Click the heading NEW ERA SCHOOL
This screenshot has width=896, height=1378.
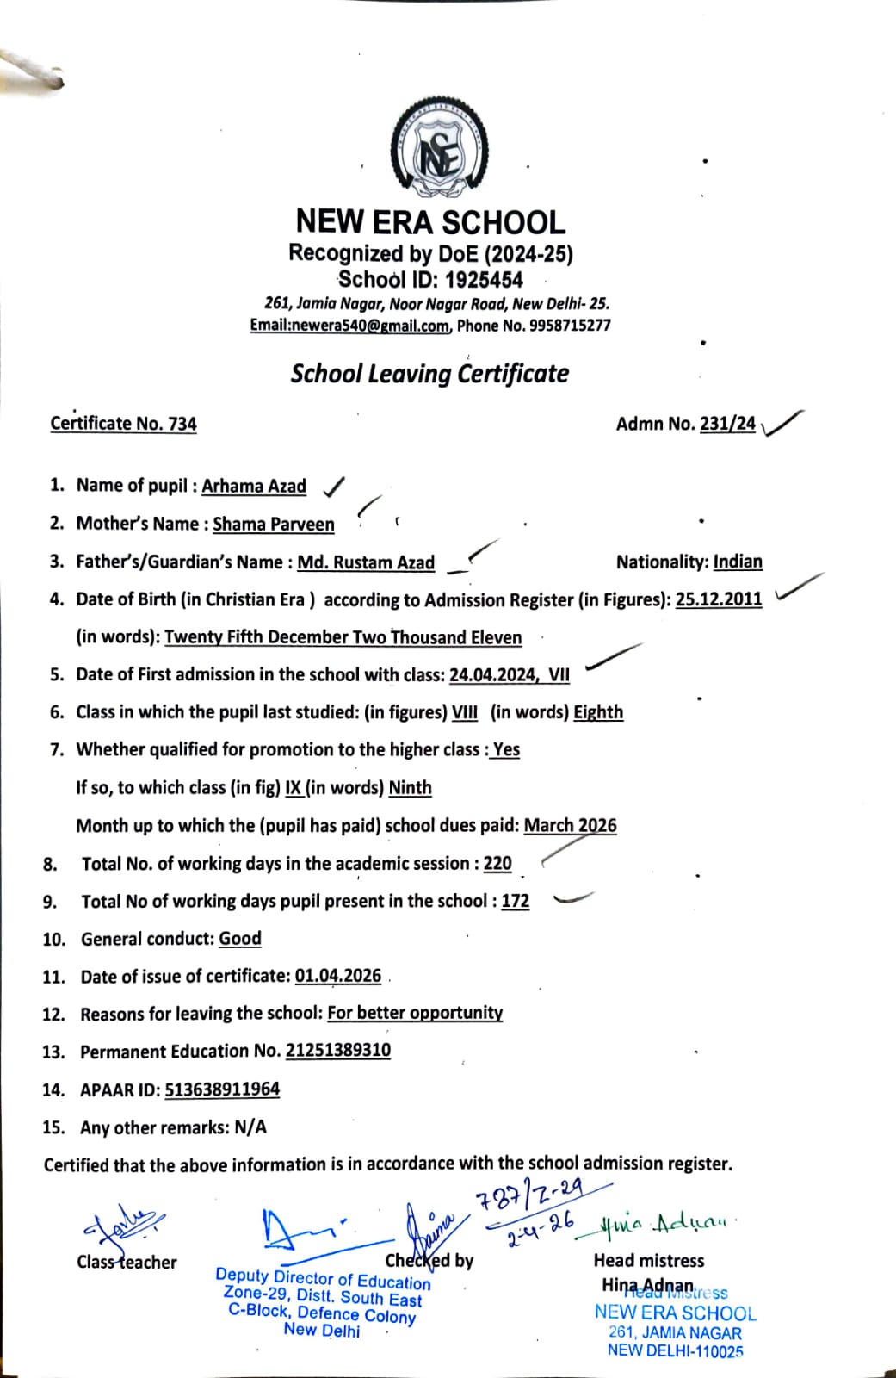coord(430,222)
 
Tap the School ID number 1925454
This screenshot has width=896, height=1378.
coord(484,280)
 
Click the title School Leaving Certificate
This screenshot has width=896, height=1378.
coord(429,374)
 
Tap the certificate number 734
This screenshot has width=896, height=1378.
coord(182,424)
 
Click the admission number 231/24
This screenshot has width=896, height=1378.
coord(727,423)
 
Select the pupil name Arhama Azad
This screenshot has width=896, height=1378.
coord(254,486)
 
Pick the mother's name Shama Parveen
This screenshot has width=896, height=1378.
coord(274,524)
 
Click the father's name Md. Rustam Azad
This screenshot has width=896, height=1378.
coord(366,562)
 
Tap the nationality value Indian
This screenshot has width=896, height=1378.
coord(738,562)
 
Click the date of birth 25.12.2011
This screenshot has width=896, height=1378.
coord(719,599)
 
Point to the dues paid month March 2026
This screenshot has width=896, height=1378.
coord(570,825)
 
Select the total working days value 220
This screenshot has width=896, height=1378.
coord(497,863)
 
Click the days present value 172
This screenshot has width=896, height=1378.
coord(516,901)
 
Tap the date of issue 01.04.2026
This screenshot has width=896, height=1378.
coord(338,976)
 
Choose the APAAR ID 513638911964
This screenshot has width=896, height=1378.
coord(222,1089)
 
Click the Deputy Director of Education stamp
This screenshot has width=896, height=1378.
coord(323,1300)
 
